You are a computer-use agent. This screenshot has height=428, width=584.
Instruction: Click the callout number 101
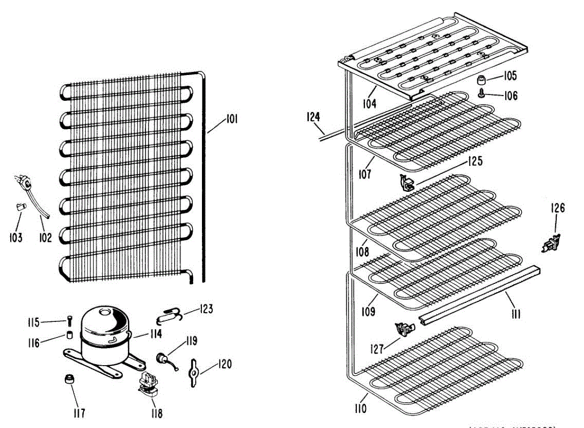pyautogui.click(x=231, y=118)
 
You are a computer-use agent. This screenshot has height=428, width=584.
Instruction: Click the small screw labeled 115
pyautogui.click(x=70, y=320)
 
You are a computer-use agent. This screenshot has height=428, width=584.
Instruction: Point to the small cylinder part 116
pyautogui.click(x=70, y=335)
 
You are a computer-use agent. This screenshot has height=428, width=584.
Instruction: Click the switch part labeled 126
pyautogui.click(x=550, y=242)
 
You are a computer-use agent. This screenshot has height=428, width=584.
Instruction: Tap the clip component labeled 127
pyautogui.click(x=404, y=330)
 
